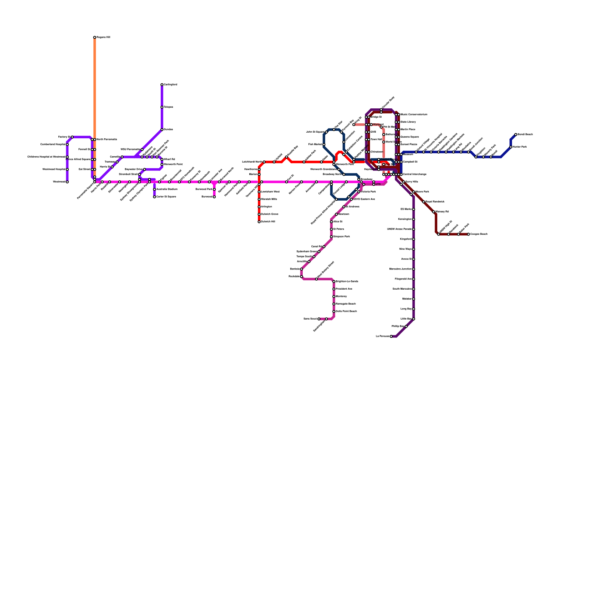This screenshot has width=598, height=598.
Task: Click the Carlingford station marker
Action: click(x=162, y=85)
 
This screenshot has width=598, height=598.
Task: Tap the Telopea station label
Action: click(x=168, y=107)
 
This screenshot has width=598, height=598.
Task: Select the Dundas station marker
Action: click(x=162, y=130)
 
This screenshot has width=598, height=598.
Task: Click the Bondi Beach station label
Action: click(x=525, y=135)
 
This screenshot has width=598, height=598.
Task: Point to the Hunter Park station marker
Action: click(x=511, y=147)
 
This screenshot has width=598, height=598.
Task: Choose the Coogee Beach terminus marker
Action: click(x=468, y=234)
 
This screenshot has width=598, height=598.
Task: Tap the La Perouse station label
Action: click(x=383, y=336)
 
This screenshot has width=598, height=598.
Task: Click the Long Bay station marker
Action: click(x=414, y=309)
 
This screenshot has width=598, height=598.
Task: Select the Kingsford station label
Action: click(x=406, y=239)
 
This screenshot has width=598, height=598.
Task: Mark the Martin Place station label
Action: click(x=408, y=130)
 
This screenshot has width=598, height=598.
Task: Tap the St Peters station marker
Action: click(x=332, y=229)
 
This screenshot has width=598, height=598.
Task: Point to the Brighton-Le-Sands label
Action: click(x=347, y=281)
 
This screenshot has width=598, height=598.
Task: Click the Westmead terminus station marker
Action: click(x=67, y=182)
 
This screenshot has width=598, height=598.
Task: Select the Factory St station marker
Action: click(x=72, y=137)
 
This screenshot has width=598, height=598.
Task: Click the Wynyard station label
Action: click(x=378, y=124)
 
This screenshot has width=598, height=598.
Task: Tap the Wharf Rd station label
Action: click(x=169, y=160)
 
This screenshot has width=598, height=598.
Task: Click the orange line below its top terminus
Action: click(x=95, y=75)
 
